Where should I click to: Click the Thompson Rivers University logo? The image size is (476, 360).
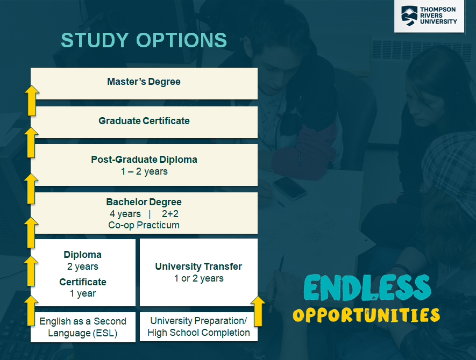click(429, 16)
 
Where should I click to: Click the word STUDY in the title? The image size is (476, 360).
click(95, 40)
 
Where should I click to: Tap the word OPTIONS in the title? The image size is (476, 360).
click(182, 40)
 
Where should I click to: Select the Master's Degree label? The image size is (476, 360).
click(144, 82)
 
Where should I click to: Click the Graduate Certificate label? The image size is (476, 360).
click(144, 121)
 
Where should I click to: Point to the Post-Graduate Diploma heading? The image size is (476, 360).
click(144, 160)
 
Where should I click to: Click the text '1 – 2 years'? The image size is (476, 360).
click(144, 171)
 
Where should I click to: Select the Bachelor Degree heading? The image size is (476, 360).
click(144, 202)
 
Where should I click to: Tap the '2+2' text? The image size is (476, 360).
click(170, 214)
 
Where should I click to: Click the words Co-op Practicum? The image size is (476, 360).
click(144, 225)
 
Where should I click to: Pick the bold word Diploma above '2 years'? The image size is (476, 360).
click(83, 255)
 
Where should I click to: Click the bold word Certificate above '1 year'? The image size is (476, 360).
click(83, 282)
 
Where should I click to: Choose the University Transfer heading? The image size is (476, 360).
click(198, 267)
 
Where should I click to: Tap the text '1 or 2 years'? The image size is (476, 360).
click(198, 278)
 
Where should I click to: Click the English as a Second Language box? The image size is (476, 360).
click(83, 327)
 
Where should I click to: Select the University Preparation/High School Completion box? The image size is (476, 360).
click(198, 327)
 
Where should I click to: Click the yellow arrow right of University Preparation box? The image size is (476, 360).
click(258, 312)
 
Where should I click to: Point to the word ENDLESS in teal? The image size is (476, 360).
click(367, 287)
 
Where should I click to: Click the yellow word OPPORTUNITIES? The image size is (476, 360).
click(366, 315)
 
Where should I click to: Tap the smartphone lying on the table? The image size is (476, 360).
click(290, 188)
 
